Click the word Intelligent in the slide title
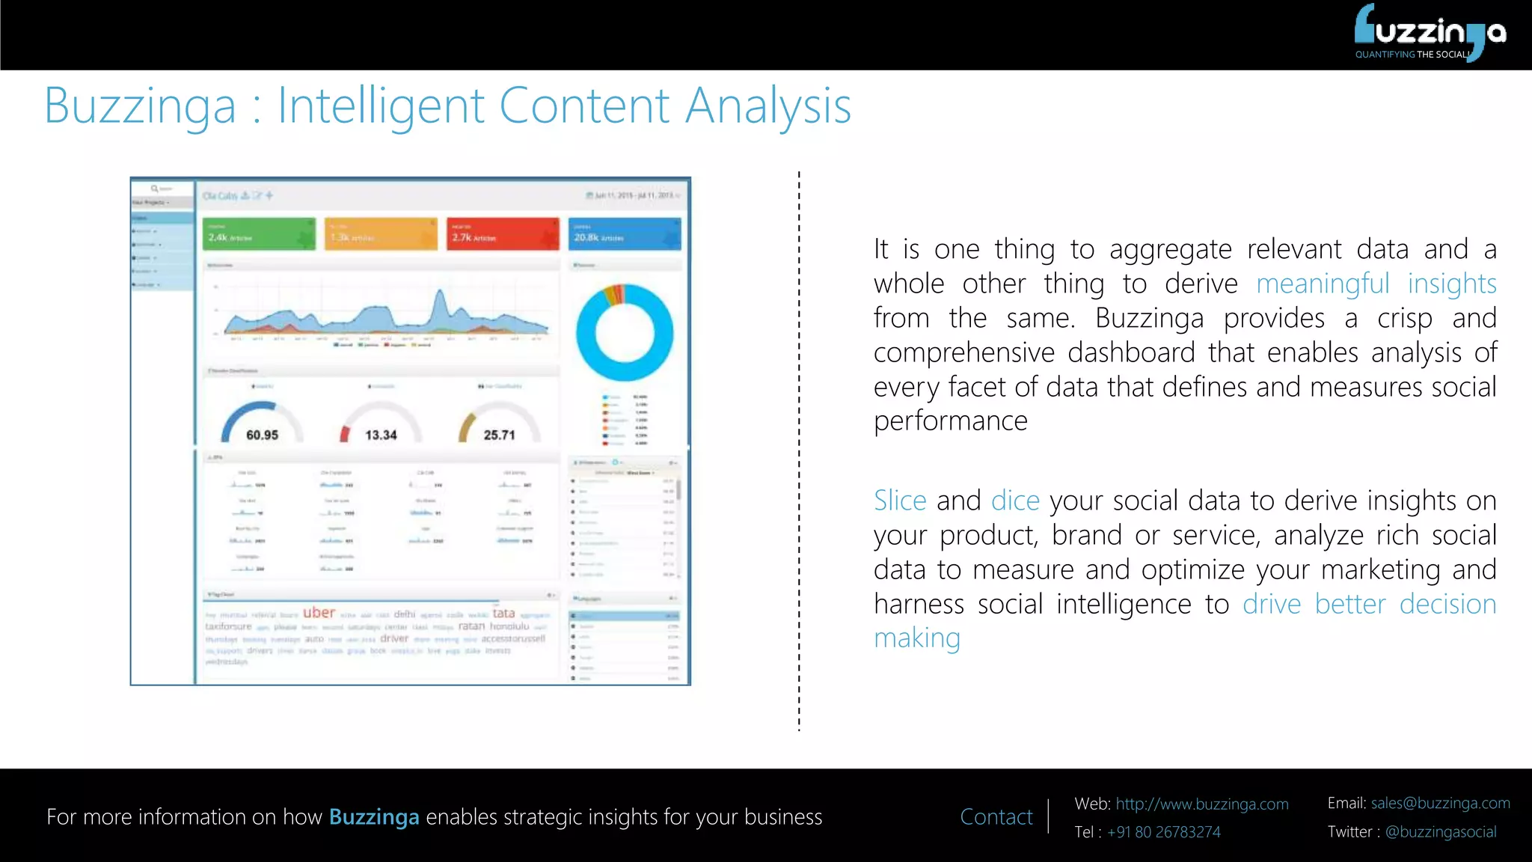click(x=381, y=106)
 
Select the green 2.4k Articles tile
click(x=258, y=234)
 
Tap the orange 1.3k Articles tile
click(x=381, y=234)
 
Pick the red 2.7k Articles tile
click(x=503, y=234)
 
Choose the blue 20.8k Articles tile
click(x=625, y=234)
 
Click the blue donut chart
click(x=625, y=333)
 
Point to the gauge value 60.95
click(x=262, y=435)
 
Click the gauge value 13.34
click(x=381, y=435)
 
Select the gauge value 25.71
click(x=499, y=435)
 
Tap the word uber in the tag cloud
click(x=319, y=613)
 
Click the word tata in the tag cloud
click(x=503, y=613)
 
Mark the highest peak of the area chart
click(x=440, y=293)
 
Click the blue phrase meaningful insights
click(x=1376, y=284)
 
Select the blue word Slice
click(x=900, y=501)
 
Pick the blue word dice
click(x=1015, y=501)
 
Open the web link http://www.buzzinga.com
click(x=1201, y=804)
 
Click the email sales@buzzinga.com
click(x=1440, y=804)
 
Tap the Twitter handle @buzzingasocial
click(x=1440, y=832)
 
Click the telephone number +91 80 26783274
click(x=1163, y=832)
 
